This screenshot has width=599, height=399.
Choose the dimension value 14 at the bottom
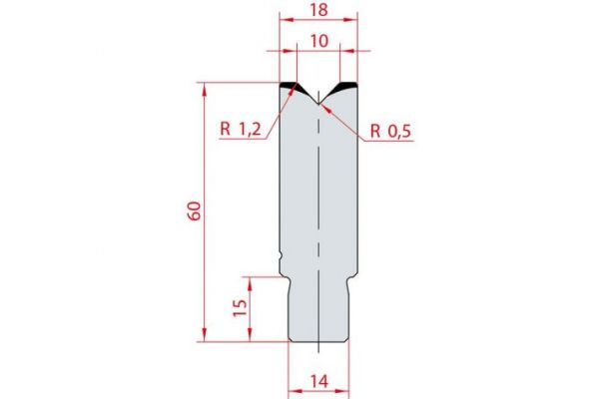[317, 380]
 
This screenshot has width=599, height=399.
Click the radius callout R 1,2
[239, 129]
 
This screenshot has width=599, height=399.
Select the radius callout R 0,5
[392, 129]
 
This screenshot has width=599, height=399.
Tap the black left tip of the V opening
[289, 86]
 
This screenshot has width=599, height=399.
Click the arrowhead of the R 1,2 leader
[294, 88]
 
